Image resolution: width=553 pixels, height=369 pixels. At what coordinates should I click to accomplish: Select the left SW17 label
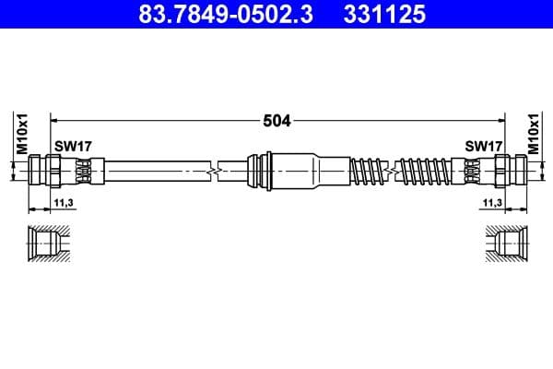coord(72,147)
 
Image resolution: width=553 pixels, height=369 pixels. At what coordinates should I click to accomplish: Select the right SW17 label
coord(483,147)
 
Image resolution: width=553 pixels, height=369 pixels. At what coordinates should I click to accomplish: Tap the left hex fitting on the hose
coord(46,171)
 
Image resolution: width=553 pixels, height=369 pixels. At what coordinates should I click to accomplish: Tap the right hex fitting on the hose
coord(508,171)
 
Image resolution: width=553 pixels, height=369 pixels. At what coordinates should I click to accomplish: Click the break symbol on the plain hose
coord(214,171)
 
